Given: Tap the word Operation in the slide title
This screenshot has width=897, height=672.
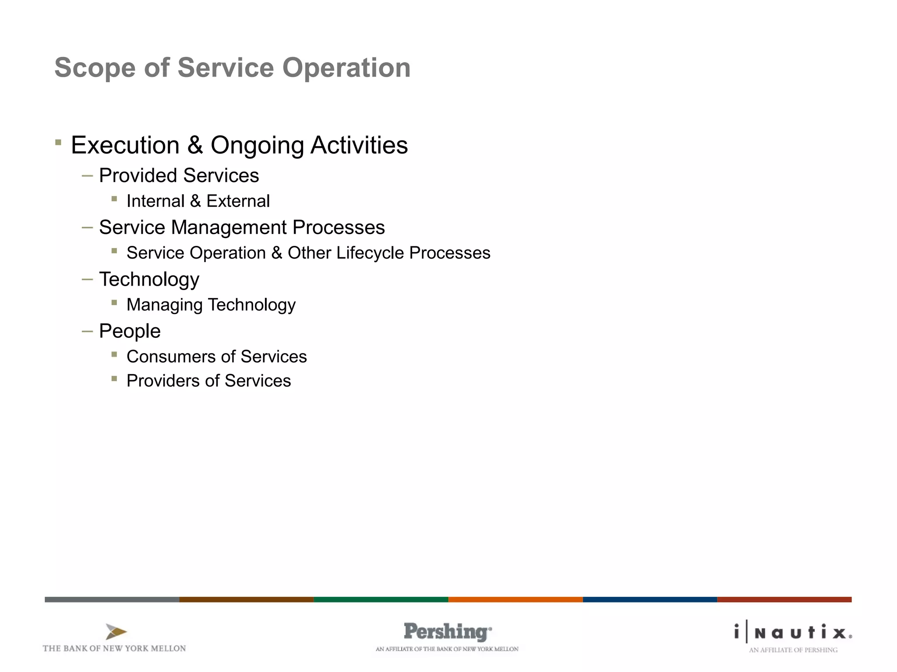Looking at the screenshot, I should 346,68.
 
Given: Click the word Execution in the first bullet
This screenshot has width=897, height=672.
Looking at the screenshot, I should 125,145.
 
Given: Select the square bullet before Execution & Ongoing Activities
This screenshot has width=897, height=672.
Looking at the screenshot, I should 58,142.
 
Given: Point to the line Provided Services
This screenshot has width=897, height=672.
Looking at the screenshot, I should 179,175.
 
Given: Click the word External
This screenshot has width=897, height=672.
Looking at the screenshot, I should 238,201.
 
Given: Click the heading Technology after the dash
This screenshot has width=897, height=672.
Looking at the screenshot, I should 149,280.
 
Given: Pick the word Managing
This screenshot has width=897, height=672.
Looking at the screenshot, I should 164,305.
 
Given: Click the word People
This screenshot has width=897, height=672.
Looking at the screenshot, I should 130,331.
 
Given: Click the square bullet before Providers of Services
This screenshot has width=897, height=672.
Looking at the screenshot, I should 114,379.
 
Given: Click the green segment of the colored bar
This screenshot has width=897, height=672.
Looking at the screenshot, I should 381,599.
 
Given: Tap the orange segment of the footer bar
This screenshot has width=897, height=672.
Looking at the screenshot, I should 515,599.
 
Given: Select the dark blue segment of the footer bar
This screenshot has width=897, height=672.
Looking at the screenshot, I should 650,599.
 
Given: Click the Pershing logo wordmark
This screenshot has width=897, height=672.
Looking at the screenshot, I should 447,632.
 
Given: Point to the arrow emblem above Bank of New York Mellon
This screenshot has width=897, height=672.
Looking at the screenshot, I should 116,632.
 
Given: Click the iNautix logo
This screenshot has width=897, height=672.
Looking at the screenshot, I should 793,633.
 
